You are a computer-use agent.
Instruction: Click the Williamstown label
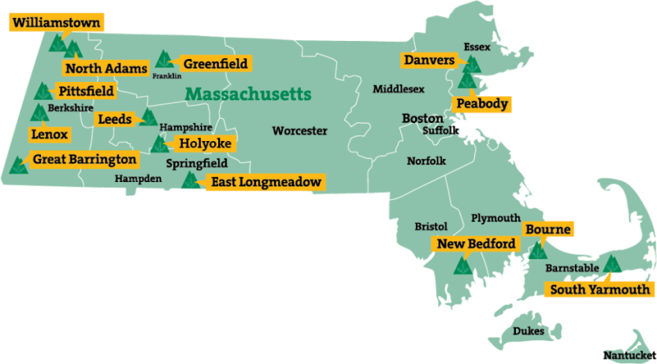(56, 22)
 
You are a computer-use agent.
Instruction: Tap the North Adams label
(105, 69)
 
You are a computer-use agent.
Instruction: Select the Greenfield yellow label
(214, 64)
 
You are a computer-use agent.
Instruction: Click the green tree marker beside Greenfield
(164, 59)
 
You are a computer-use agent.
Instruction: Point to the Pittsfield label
(86, 91)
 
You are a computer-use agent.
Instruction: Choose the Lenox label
(50, 134)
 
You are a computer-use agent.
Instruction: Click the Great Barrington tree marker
(19, 164)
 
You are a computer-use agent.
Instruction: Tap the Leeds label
(114, 119)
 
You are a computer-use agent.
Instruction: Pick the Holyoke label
(204, 143)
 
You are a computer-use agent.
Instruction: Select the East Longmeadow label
(265, 181)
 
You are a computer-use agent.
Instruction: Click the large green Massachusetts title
(248, 95)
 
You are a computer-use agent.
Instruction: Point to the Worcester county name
(299, 131)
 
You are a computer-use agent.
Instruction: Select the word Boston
(423, 118)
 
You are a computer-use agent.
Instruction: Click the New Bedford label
(476, 244)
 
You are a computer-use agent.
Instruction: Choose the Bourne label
(547, 229)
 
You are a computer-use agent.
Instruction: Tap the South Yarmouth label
(600, 289)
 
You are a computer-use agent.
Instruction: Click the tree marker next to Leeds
(148, 117)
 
